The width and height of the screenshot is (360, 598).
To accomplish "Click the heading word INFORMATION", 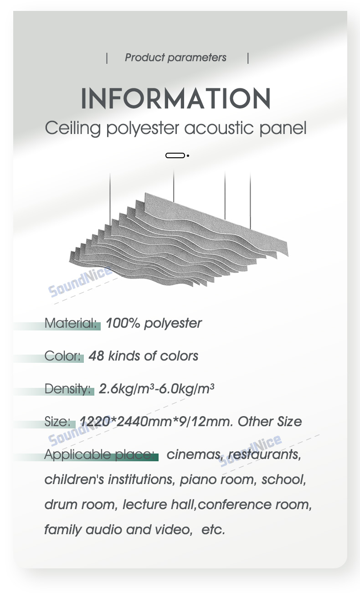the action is coord(175,98).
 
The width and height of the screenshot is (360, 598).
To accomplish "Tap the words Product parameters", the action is coord(175,57).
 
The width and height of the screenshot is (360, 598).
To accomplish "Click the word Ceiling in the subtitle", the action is coord(72,129).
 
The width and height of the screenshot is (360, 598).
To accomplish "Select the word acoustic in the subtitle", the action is coord(219,128).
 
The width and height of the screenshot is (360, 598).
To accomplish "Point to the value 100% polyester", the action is coord(154,324).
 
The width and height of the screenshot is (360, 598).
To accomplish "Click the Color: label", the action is coord(62,356).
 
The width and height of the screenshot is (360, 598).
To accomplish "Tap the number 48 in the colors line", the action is coord(96,356).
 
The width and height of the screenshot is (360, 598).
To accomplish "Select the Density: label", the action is coord(67,389).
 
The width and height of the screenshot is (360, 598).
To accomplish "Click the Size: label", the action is coord(57,422).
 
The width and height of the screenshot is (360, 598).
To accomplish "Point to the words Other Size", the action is coord(270,422).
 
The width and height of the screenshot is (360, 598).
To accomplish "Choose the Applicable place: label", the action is coord(99,454).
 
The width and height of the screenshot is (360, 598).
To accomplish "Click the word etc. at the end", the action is coord(213,530).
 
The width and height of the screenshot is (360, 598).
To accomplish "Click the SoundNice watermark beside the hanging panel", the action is coord(80,281).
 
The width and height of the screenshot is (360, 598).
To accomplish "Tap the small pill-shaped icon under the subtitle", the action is coord(175,155).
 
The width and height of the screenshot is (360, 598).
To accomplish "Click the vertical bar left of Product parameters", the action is coord(107,58).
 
